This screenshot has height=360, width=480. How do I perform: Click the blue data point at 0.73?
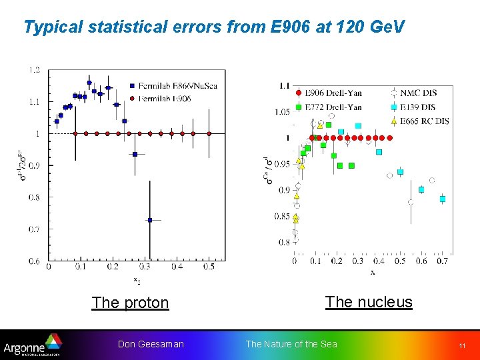[150, 220]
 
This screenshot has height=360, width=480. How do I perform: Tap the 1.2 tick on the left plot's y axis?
[33, 70]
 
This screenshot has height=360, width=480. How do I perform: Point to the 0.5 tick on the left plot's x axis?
[209, 267]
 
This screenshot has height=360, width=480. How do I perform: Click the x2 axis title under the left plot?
[137, 279]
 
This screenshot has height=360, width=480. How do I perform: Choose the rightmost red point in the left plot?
[209, 133]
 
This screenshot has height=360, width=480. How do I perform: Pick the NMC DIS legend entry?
[416, 93]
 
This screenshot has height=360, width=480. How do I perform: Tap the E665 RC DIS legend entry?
[420, 121]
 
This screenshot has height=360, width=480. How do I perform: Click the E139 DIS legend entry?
[416, 107]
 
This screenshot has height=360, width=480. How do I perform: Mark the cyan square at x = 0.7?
[443, 199]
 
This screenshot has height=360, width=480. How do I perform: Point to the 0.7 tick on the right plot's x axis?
[443, 261]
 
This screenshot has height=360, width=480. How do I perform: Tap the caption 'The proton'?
[130, 303]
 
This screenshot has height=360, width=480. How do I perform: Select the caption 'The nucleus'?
[369, 302]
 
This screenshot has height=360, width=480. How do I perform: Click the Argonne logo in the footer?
[32, 345]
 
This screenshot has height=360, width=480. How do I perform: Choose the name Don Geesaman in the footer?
[151, 344]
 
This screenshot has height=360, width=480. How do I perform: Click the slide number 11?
[461, 345]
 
